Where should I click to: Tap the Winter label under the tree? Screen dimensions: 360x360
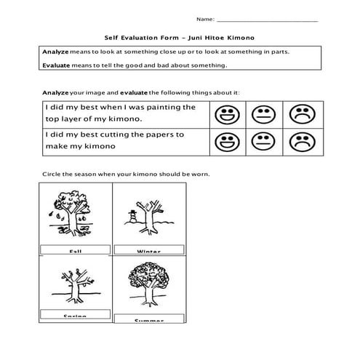tap(148, 251)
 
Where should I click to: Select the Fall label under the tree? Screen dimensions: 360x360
tap(75, 251)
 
